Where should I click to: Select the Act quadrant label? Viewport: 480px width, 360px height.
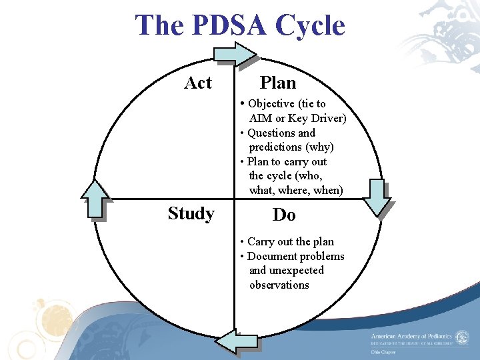tap(198, 83)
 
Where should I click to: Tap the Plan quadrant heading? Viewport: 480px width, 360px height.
tap(278, 83)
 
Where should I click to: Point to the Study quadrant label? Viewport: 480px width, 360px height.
tap(191, 213)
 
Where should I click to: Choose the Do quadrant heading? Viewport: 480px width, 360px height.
tap(284, 215)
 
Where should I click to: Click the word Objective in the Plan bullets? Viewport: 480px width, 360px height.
tap(271, 104)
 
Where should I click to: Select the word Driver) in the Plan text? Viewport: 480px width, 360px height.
tap(326, 119)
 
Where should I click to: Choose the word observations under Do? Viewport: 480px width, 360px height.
tap(279, 285)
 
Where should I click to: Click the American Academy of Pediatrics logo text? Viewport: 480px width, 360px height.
tap(411, 337)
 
